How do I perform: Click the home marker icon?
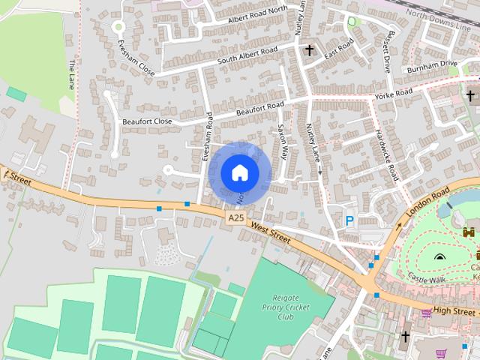(239, 172)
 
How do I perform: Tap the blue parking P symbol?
(349, 221)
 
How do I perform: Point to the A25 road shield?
(235, 217)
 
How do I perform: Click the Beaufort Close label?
(147, 121)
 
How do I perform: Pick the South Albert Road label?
(247, 55)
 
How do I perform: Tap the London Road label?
(427, 203)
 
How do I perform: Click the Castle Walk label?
(427, 277)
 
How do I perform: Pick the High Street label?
(454, 310)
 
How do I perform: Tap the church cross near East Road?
(309, 49)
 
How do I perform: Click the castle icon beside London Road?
(469, 233)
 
